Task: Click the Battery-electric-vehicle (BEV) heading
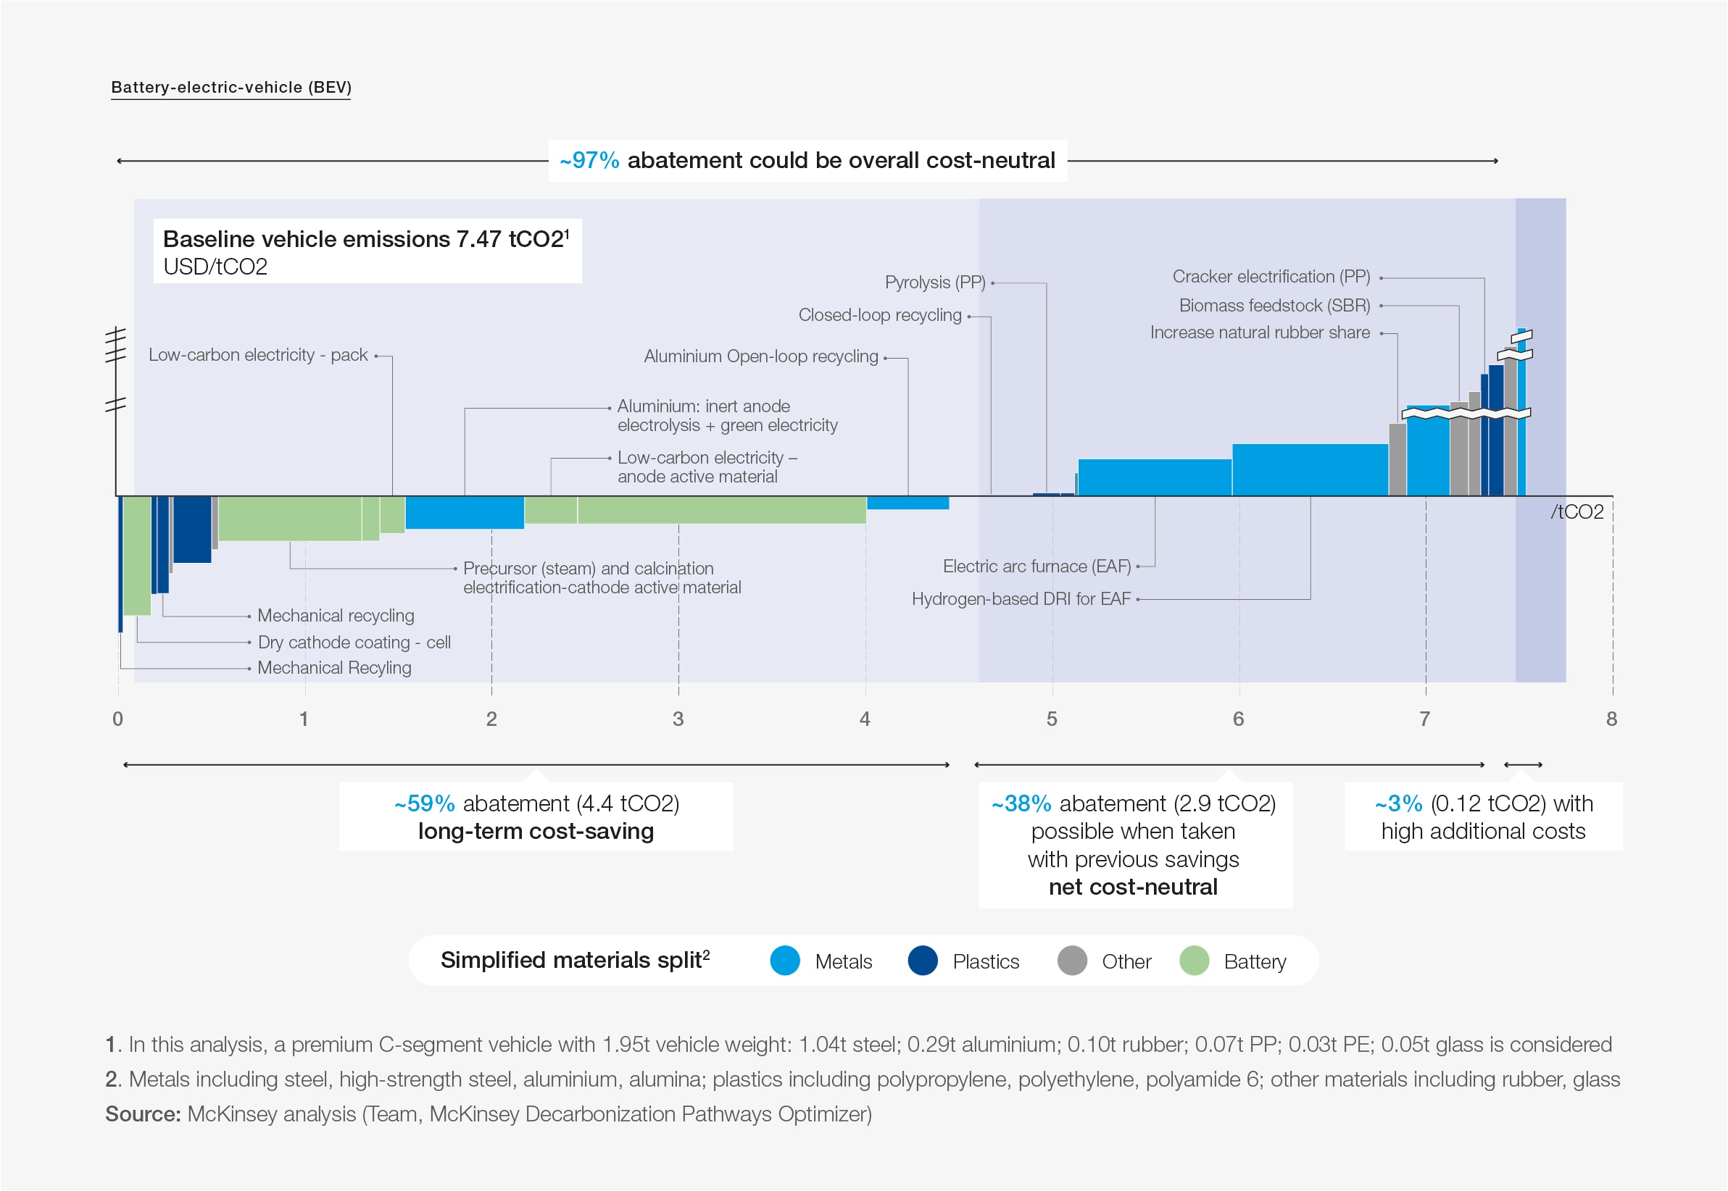230,88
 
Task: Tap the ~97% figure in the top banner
589,160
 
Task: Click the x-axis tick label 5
1052,719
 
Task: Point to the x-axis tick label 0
118,719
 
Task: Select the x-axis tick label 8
1611,719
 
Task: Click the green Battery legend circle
1195,961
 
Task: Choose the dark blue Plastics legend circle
923,961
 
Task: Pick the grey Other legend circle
1072,961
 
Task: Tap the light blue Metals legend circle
784,961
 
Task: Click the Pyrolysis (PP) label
934,283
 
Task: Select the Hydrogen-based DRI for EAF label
1021,599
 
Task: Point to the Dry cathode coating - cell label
354,643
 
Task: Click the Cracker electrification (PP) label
1271,277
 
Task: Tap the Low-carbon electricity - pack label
257,355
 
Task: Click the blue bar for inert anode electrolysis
465,513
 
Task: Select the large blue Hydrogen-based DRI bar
1309,470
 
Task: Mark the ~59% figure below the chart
424,803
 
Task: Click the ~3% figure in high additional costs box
1398,803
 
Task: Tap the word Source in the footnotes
143,1114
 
